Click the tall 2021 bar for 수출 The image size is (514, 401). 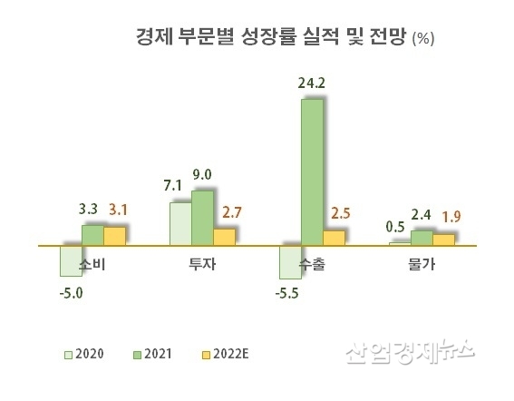click(x=312, y=171)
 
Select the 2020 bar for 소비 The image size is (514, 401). click(x=71, y=260)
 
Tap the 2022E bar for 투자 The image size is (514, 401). click(x=224, y=236)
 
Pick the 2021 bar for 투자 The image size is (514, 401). click(x=202, y=218)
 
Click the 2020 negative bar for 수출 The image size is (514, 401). click(x=290, y=262)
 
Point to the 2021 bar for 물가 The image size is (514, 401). click(x=422, y=238)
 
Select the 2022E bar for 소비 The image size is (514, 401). click(x=114, y=235)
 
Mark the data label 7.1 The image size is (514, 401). click(x=173, y=186)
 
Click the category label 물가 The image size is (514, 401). click(x=421, y=265)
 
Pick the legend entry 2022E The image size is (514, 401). click(x=228, y=353)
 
